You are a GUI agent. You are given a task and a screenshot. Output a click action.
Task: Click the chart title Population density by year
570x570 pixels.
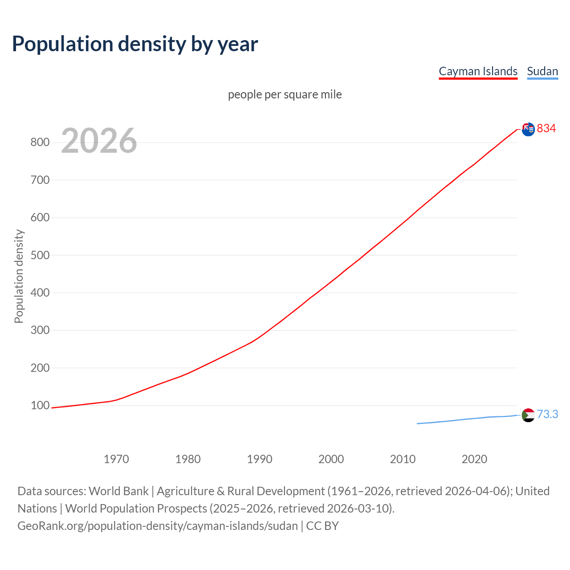coord(135,44)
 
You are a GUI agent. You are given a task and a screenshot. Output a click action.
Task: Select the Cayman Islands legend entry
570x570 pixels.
coord(478,71)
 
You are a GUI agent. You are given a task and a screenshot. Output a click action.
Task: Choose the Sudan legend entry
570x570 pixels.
coord(542,71)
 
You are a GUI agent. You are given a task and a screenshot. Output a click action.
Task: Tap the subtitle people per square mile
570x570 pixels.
coord(285,94)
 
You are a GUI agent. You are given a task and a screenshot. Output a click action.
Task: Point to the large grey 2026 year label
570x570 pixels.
coord(99,141)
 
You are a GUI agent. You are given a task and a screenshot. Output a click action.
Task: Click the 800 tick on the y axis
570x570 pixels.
coord(40,142)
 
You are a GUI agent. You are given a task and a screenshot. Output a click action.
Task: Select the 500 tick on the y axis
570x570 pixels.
coord(40,255)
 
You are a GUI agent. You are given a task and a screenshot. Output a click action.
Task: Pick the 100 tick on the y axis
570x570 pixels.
coord(40,405)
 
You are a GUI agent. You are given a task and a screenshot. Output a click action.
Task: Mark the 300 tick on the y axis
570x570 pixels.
coord(40,330)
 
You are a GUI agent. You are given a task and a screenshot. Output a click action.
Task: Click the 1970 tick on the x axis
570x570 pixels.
coord(116,459)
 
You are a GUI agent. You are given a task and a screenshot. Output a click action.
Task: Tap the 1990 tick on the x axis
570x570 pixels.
coord(260,459)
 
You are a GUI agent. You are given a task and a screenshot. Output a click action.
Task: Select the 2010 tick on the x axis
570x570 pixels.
coord(403,459)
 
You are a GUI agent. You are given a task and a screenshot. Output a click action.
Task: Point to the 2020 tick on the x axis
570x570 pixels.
coord(474,459)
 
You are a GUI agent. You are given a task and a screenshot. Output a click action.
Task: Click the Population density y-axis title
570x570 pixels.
coord(19,276)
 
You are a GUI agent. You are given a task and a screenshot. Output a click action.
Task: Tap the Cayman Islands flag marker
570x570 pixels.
coord(528,129)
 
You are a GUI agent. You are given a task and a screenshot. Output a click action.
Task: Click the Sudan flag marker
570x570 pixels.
coord(528,415)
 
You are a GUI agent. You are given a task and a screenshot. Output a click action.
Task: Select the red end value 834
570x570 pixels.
coord(546,128)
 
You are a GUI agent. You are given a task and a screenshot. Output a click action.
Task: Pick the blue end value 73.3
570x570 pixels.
coord(547,414)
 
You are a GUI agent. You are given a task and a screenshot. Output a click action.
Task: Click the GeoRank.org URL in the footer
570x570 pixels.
coord(158,525)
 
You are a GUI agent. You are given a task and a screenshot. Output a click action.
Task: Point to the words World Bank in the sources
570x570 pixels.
coord(118,491)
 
